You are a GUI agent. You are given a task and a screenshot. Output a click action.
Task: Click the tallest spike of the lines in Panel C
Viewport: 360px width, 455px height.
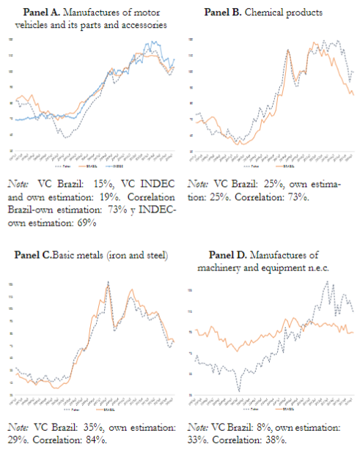[x=109, y=283]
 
